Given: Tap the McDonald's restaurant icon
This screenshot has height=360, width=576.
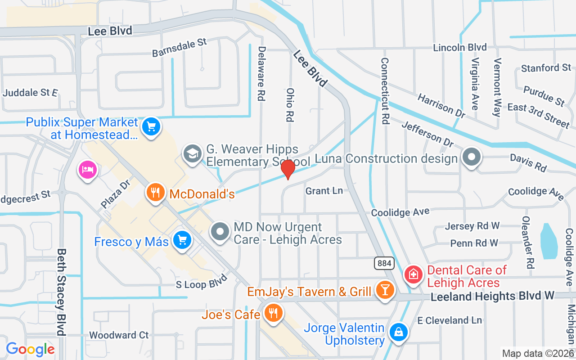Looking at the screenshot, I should coord(155,193).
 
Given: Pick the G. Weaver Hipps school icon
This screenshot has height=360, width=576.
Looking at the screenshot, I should coord(192,154).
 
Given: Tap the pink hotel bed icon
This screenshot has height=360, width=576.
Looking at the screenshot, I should coord(88,170).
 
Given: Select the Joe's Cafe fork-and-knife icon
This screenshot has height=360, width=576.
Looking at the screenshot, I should coord(272,312).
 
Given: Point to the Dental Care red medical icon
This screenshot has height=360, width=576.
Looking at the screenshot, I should coord(413,274).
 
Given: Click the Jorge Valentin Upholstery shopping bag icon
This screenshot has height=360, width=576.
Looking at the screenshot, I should coord(398,333).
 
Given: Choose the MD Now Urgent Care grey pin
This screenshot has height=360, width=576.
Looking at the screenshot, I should coord(220,232).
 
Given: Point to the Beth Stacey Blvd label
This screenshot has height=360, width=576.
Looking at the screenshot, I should coord(62,292).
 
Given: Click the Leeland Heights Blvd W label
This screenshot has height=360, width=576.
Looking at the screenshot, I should coord(493,296).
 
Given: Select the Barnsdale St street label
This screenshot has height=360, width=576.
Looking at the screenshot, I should coord(179,47).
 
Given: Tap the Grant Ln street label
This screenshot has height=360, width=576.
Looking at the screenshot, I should coord(324,191).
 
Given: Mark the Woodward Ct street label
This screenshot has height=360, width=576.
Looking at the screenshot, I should coord(119,335).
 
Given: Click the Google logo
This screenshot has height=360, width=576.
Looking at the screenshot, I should coord(30,349).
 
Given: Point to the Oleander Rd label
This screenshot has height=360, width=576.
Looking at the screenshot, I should coord(527,240).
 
